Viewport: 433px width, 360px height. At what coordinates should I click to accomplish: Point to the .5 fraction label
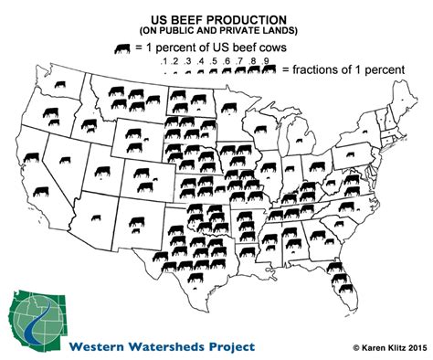213,62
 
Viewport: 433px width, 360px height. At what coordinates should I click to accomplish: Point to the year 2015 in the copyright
408,349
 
